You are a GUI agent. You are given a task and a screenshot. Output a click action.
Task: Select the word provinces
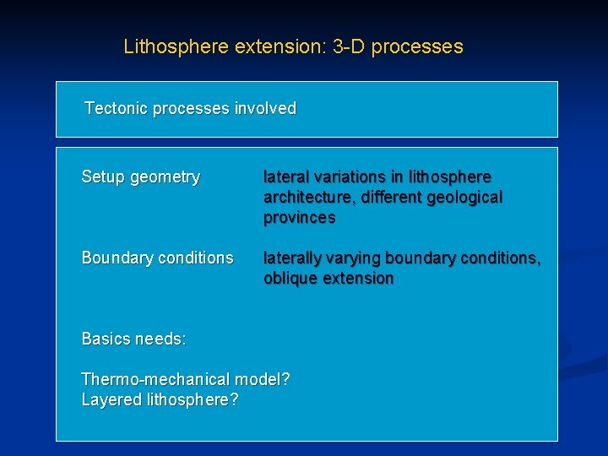[299, 217]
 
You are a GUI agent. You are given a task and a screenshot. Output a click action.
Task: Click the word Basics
[106, 339]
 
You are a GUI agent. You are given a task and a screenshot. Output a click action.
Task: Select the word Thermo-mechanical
[156, 379]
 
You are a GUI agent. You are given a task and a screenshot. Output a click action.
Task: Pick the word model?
[263, 379]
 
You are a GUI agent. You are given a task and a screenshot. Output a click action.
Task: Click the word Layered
[110, 399]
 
